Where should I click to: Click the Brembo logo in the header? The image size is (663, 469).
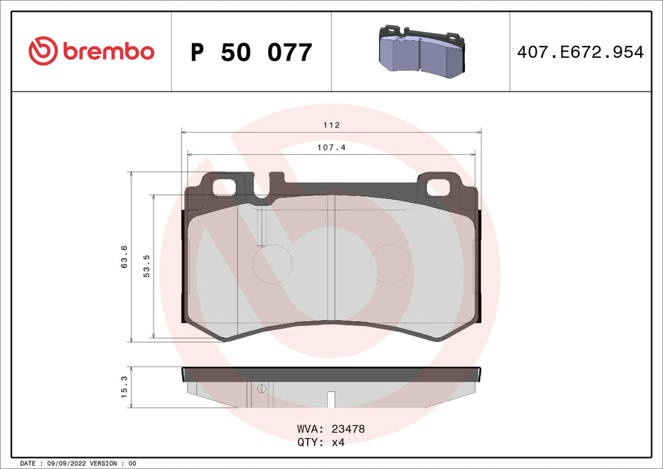point(91,51)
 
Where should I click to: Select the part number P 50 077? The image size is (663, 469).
point(251,52)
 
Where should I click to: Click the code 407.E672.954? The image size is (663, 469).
point(579,52)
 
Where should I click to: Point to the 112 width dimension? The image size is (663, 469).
point(331,126)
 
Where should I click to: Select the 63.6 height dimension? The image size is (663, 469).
point(124,257)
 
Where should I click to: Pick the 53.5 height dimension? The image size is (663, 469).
point(147,267)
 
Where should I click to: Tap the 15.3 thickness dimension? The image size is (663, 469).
point(124,387)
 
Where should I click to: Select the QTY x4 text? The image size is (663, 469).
point(321,442)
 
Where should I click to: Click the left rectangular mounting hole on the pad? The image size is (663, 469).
point(224,187)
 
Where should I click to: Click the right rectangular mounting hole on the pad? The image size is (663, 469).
point(438,187)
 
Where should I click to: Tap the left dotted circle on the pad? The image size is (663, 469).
point(271,265)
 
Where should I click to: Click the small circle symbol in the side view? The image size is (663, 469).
point(262,389)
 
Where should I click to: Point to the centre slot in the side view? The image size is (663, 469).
point(331,399)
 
